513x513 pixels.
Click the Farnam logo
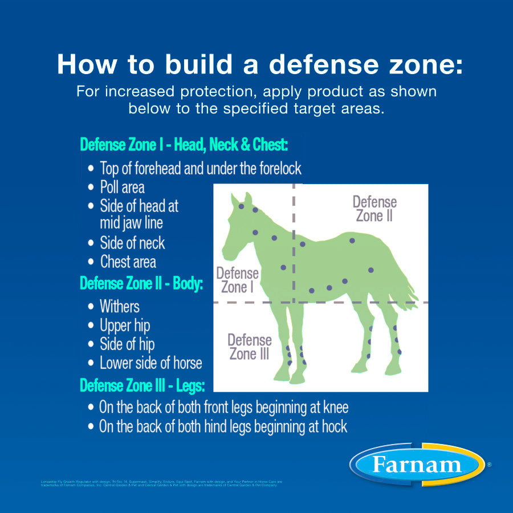pos(416,465)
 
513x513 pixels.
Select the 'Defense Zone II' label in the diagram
pos(374,209)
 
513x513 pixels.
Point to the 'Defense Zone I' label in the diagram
pos(237,280)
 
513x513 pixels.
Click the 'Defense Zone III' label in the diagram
pos(250,347)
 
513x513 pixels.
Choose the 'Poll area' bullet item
pos(122,188)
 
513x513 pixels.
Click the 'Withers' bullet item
pos(119,307)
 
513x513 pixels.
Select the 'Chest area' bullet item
pos(128,262)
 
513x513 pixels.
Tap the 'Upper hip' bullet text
pos(125,326)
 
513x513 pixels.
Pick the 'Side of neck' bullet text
pos(132,243)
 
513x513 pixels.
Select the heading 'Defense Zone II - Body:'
pos(141,283)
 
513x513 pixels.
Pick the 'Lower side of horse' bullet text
pos(150,363)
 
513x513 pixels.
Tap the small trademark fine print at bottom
pos(160,484)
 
